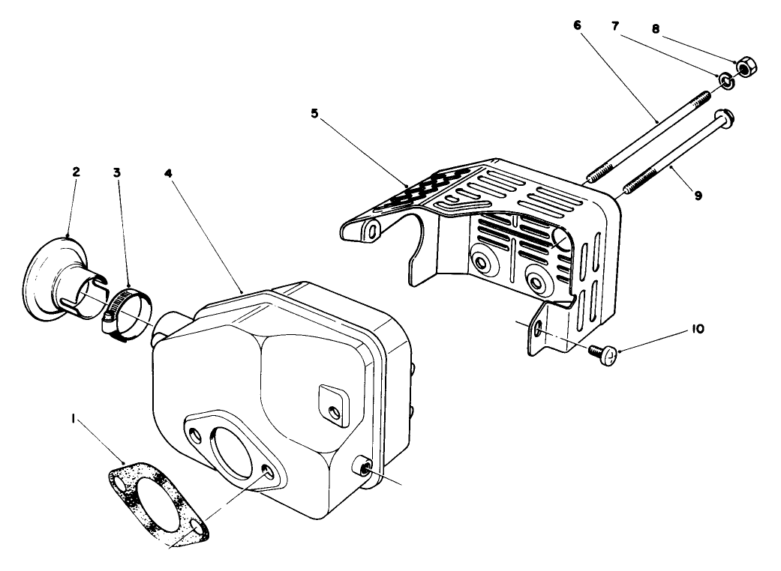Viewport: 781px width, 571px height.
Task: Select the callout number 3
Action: tap(117, 172)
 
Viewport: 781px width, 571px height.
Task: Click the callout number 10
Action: tap(697, 328)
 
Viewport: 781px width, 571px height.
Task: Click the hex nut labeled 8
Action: tap(746, 68)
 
